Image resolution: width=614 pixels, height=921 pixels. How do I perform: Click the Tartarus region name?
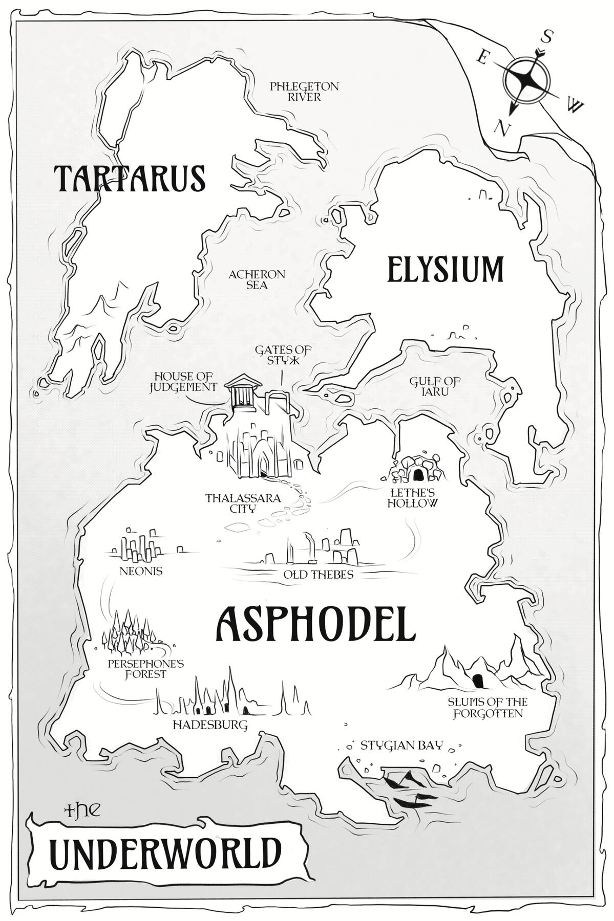pyautogui.click(x=130, y=177)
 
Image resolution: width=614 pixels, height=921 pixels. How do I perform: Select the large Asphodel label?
pyautogui.click(x=314, y=624)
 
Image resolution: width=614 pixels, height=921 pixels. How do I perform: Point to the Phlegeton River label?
pyautogui.click(x=304, y=92)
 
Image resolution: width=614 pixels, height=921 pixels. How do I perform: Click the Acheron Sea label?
pyautogui.click(x=257, y=279)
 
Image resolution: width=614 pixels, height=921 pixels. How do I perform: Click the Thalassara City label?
pyautogui.click(x=242, y=502)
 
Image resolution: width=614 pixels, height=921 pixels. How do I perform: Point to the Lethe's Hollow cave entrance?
pyautogui.click(x=418, y=474)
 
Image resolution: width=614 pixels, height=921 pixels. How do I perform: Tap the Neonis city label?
pyautogui.click(x=141, y=571)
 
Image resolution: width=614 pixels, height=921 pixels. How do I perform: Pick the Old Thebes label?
pyautogui.click(x=319, y=575)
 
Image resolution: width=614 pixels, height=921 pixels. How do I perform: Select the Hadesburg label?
pyautogui.click(x=210, y=725)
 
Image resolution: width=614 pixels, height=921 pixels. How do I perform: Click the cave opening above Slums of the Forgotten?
pyautogui.click(x=478, y=680)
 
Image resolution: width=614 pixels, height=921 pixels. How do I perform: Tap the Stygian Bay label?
pyautogui.click(x=400, y=745)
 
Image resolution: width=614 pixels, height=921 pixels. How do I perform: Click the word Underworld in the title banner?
pyautogui.click(x=166, y=852)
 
